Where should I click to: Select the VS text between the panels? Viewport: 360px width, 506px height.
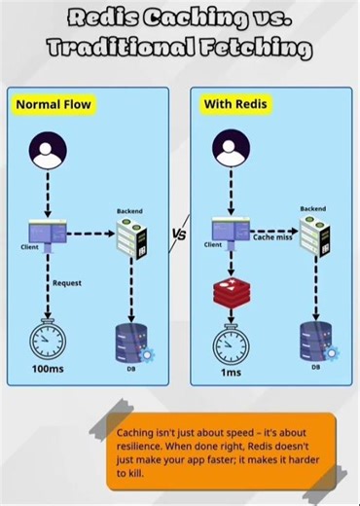pos(179,235)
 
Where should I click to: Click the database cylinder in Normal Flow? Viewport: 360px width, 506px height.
pos(130,337)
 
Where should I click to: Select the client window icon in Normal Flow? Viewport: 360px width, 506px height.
pos(45,234)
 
